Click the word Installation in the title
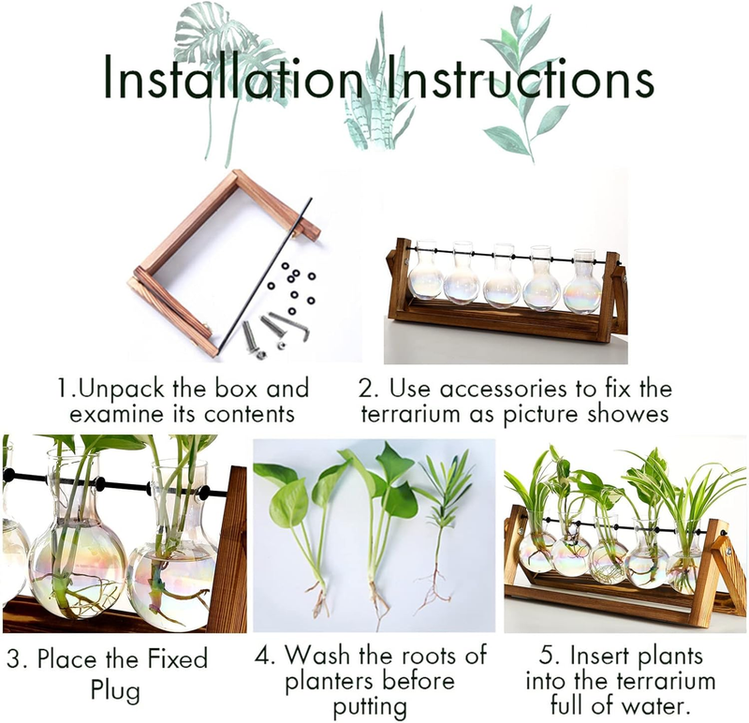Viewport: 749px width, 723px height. click(x=232, y=78)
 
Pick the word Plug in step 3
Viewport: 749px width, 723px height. click(x=115, y=691)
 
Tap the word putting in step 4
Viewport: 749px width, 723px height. click(x=370, y=707)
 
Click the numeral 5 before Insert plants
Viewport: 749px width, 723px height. click(x=547, y=656)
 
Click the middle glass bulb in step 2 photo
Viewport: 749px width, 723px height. click(x=502, y=277)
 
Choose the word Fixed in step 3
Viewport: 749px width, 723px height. click(x=177, y=659)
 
